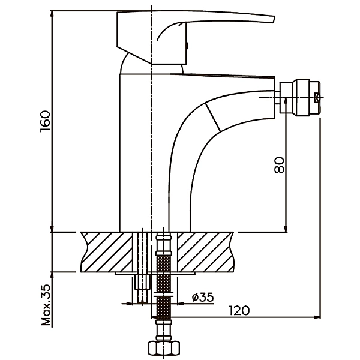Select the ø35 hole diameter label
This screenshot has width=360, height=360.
click(x=202, y=297)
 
